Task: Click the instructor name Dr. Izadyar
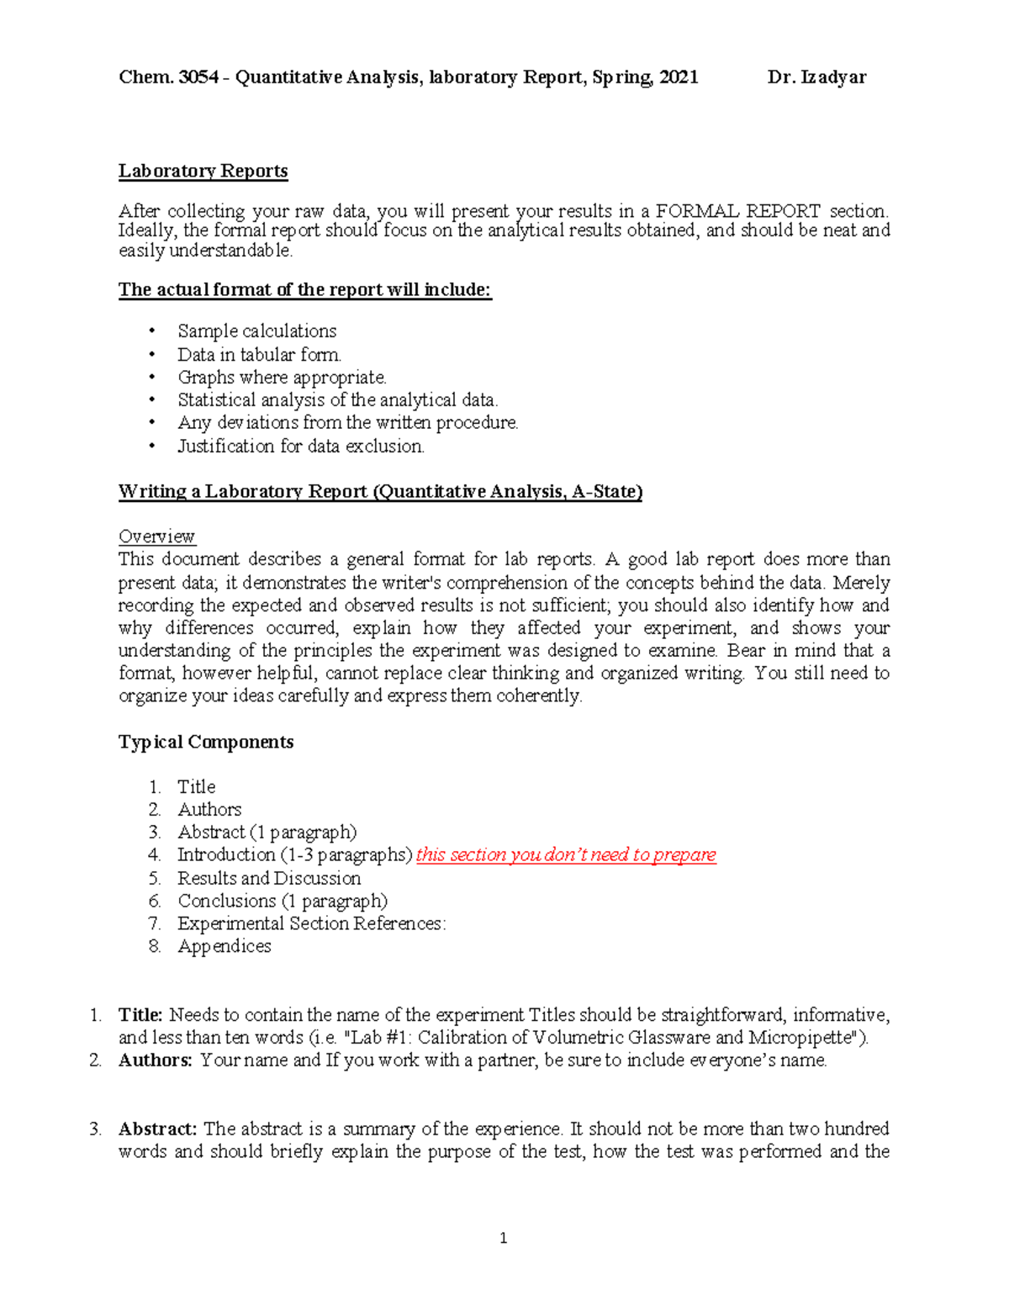(x=816, y=77)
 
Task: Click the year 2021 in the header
(x=678, y=77)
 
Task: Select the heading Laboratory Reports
(x=203, y=171)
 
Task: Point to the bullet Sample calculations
(x=256, y=331)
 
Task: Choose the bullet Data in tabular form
(x=259, y=355)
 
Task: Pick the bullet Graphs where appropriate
(x=282, y=378)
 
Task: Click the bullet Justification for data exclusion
(x=300, y=447)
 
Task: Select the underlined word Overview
(x=156, y=537)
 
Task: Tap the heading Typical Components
(x=206, y=742)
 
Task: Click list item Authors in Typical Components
(x=209, y=810)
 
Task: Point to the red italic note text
(x=566, y=855)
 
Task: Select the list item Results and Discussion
(x=269, y=879)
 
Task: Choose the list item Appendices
(x=225, y=947)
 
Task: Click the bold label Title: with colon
(x=140, y=1015)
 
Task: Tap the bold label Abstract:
(x=158, y=1129)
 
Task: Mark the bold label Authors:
(x=156, y=1060)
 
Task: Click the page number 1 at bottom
(x=504, y=1238)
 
